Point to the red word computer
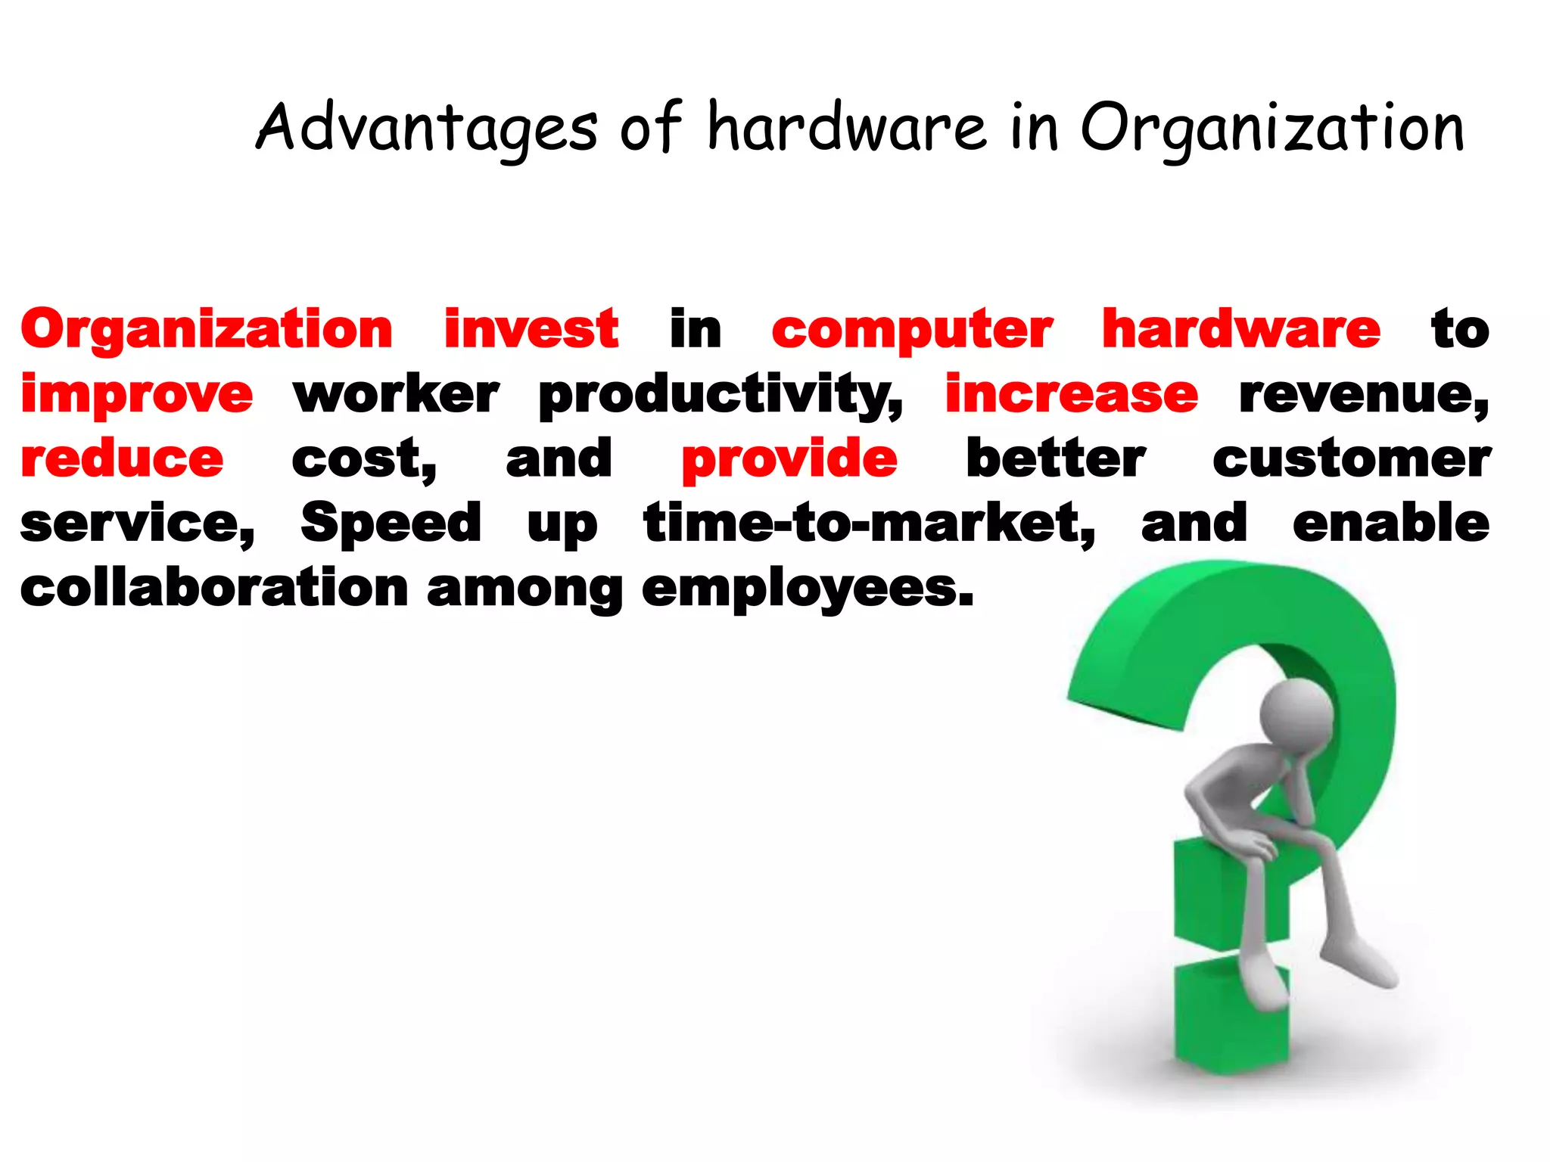[x=912, y=331]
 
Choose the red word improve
[x=137, y=395]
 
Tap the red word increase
[x=1071, y=394]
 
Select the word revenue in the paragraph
[x=1363, y=396]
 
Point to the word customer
[x=1352, y=459]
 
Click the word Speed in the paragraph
[x=391, y=523]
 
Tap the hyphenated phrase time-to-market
[x=869, y=524]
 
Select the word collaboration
[x=214, y=588]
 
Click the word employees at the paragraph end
[x=807, y=589]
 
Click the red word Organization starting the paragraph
[x=207, y=331]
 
